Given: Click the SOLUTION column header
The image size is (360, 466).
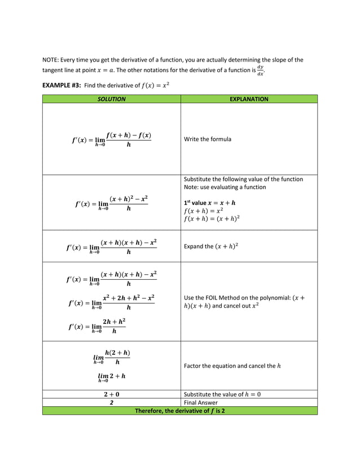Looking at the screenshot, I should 111,99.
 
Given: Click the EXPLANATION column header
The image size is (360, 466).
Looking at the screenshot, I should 249,99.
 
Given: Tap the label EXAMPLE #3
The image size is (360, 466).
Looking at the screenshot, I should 62,85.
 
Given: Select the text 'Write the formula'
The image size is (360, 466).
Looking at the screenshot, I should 208,139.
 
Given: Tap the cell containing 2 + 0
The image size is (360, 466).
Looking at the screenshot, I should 111,394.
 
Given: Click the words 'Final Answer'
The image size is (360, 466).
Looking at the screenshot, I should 202,403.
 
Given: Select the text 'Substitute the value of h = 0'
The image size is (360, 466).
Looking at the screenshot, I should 222,394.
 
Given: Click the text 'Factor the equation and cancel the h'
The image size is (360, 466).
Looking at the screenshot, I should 232,366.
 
